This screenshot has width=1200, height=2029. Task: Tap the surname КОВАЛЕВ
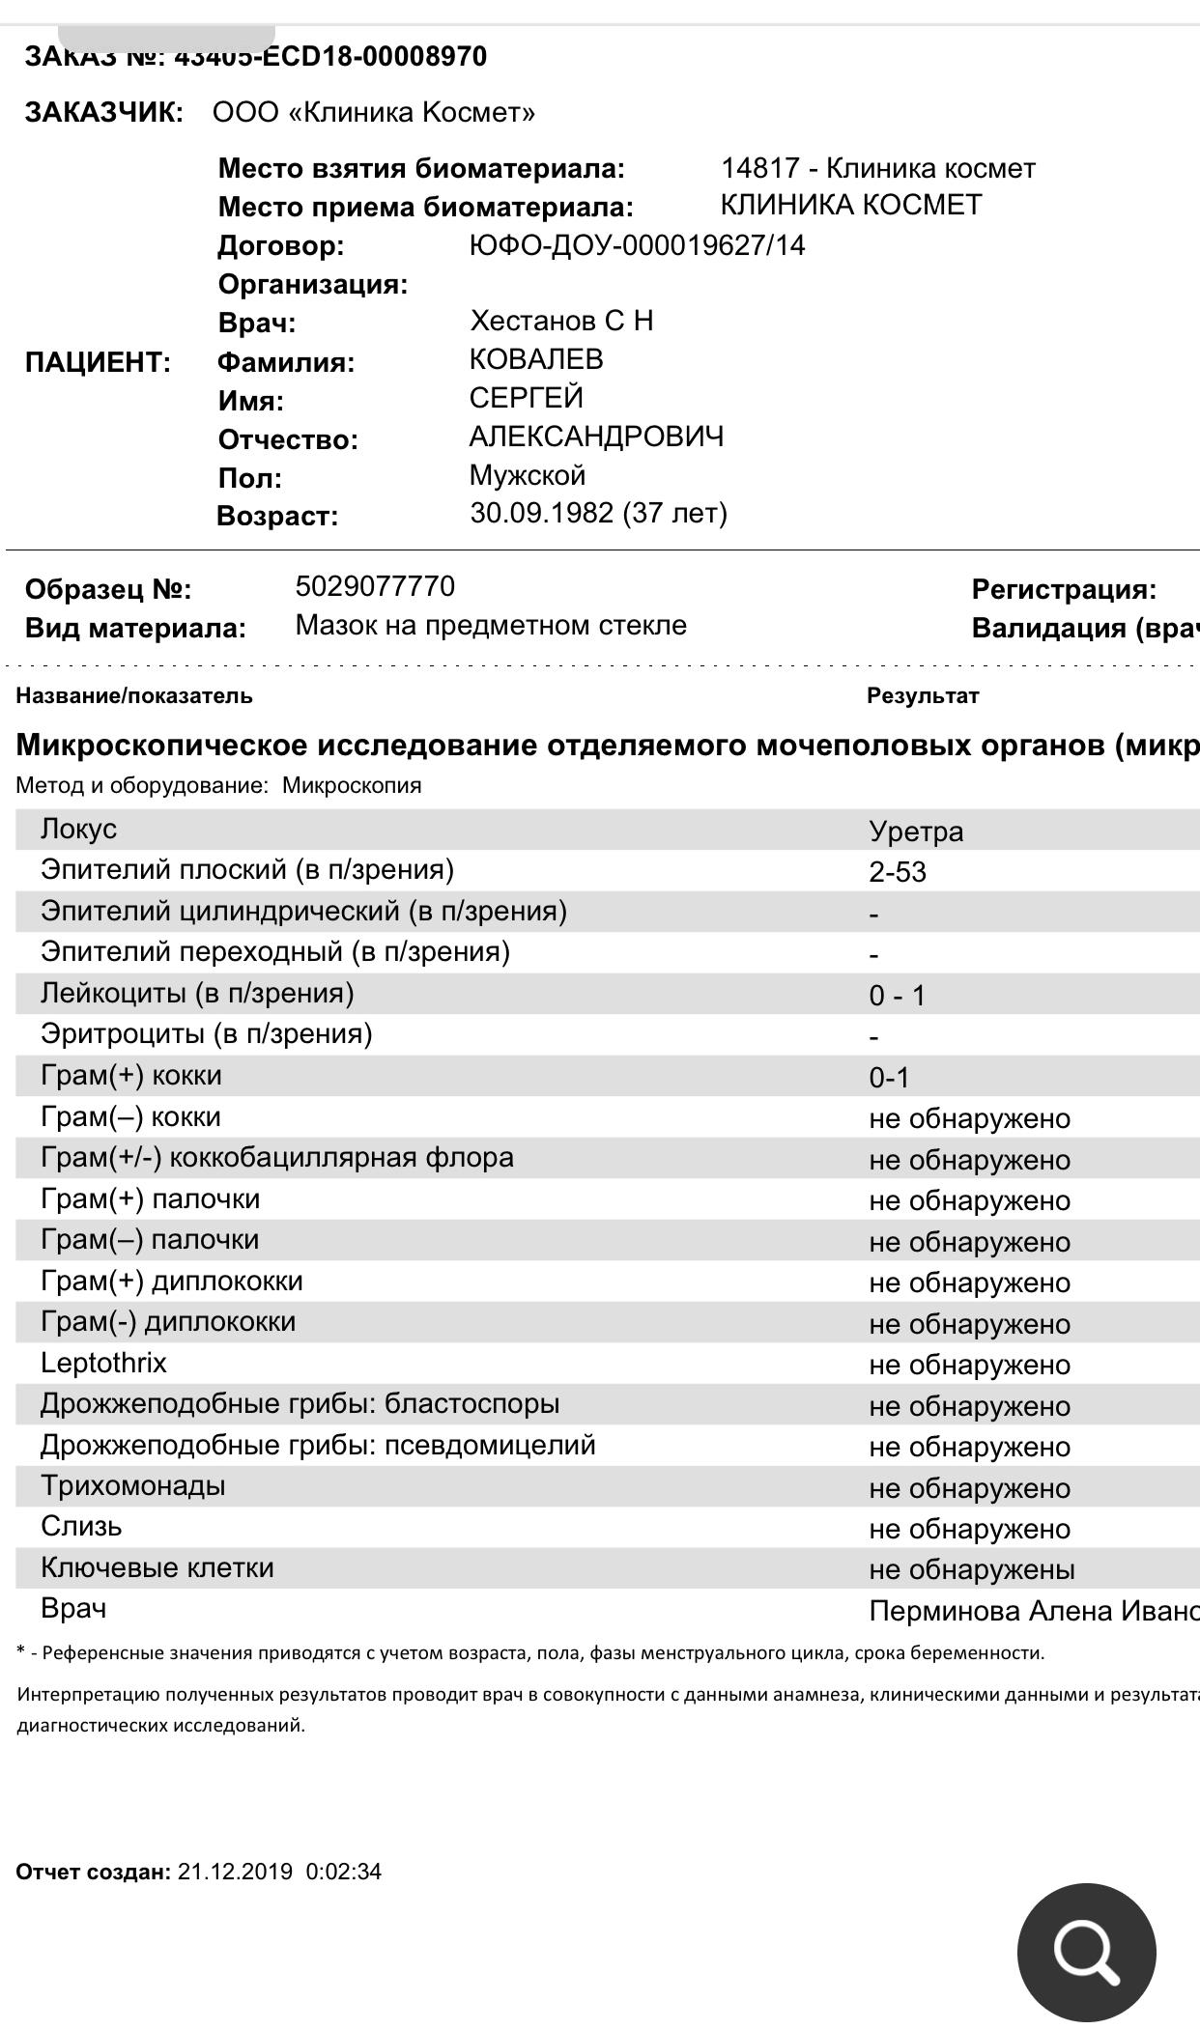coord(536,359)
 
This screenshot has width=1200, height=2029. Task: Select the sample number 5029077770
coord(375,586)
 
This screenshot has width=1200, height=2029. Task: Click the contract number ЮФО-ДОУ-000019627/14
coord(637,245)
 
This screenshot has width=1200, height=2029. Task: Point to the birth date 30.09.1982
coord(541,513)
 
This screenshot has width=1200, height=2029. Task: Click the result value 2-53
coord(898,872)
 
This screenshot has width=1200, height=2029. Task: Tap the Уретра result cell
coord(916,831)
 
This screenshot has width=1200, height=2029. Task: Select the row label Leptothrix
coord(103,1363)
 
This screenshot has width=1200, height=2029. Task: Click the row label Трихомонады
coord(132,1485)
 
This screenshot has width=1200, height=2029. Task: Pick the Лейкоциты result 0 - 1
coord(897,996)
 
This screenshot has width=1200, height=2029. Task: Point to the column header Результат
coord(923,695)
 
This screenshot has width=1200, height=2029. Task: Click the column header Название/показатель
coord(134,695)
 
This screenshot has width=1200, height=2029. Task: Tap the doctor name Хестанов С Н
coord(561,321)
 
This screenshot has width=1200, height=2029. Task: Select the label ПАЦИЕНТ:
coord(98,363)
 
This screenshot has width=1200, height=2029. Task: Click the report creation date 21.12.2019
coord(235,1872)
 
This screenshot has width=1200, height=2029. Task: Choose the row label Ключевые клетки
coord(157,1567)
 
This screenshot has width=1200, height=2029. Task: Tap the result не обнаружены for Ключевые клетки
coord(972,1569)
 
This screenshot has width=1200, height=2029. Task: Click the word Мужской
coord(528,475)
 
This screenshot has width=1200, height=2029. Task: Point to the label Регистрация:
coord(1064,589)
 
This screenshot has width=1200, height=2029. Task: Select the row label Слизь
coord(81,1527)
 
